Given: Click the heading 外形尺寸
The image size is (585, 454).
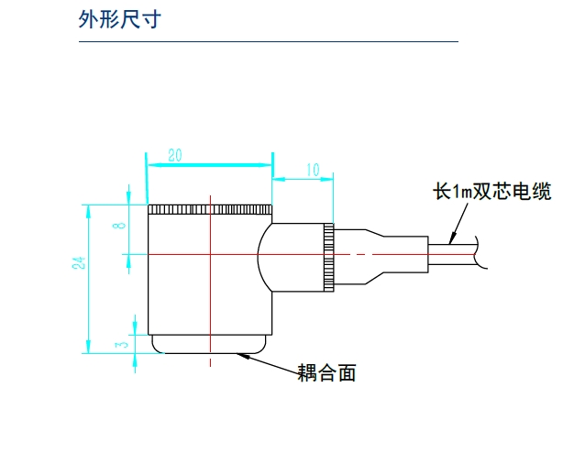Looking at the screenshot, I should coord(119,19).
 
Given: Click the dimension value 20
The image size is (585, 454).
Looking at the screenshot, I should coord(174,156).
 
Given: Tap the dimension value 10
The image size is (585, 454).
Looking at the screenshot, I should coord(313,169).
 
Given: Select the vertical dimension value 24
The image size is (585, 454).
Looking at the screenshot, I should coord(80,263).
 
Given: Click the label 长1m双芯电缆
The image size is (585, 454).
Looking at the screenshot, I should coord(492,193).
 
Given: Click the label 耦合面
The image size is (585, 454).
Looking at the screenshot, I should coord(326,373).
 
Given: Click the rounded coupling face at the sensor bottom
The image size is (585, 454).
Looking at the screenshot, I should coord(210,345).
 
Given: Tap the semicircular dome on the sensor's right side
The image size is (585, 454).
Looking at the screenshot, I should coord(266,254).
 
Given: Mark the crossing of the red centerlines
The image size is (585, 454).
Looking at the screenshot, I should coord(210,254).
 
